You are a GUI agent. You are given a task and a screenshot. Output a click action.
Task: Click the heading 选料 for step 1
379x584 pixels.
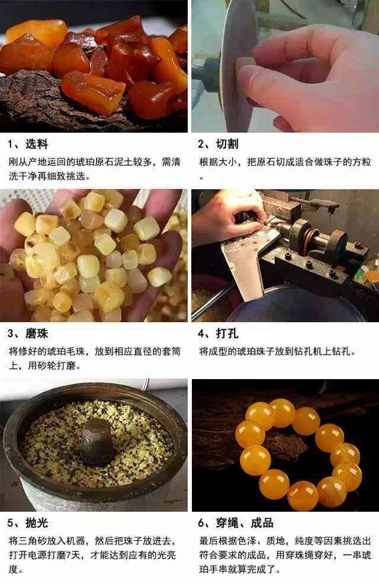(x=37, y=144)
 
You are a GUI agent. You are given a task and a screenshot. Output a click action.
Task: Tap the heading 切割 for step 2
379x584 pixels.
(x=227, y=144)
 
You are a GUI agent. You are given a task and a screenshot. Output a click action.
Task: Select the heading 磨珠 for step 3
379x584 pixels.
(x=37, y=333)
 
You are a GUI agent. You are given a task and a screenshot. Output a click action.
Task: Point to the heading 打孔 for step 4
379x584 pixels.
(x=227, y=333)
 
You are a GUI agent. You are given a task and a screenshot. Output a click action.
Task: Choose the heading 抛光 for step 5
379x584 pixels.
(x=37, y=522)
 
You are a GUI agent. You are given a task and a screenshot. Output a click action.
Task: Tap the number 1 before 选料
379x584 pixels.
(x=11, y=145)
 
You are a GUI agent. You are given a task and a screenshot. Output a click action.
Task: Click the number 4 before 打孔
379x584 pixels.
(x=201, y=333)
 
